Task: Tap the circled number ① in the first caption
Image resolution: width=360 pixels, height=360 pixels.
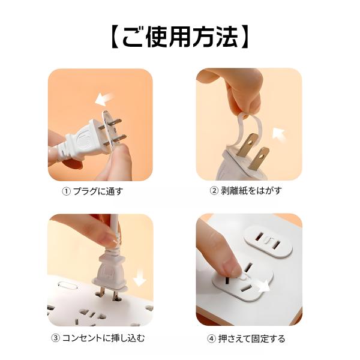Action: (x=66, y=191)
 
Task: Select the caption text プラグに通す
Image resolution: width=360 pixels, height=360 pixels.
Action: (x=98, y=191)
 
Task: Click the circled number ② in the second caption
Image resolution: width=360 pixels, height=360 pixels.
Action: (x=214, y=190)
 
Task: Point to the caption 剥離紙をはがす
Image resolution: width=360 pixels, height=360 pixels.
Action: (x=251, y=190)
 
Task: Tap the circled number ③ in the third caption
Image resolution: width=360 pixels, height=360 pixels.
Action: (x=55, y=338)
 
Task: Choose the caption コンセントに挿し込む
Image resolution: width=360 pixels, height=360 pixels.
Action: (x=104, y=338)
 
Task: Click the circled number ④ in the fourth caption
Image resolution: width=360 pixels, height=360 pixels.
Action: (x=211, y=338)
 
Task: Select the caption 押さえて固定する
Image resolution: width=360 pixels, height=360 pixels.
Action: (x=251, y=338)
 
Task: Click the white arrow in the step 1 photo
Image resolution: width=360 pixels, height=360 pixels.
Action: (x=104, y=99)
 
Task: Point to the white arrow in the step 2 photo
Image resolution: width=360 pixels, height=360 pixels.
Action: (x=279, y=134)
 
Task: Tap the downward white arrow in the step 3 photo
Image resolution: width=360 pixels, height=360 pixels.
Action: (x=140, y=278)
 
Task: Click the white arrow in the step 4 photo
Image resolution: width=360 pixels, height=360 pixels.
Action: (x=264, y=285)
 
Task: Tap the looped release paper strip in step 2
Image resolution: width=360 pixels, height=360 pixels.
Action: (x=245, y=129)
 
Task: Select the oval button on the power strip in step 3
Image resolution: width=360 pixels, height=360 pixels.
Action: (x=67, y=286)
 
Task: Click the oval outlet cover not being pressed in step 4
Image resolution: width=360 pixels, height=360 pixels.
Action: (x=268, y=241)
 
